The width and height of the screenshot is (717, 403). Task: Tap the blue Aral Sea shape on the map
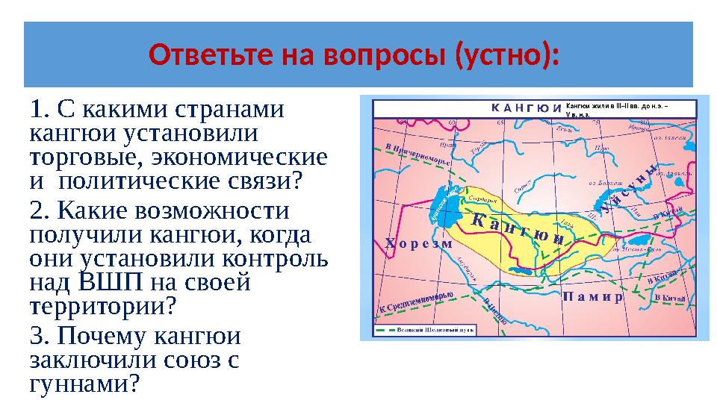click(x=447, y=209)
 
